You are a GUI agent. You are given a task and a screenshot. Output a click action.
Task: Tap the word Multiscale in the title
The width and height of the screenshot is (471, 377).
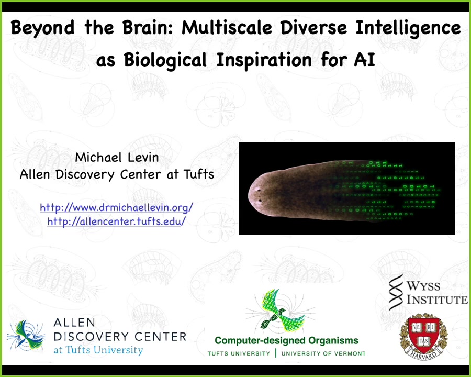pos(227,28)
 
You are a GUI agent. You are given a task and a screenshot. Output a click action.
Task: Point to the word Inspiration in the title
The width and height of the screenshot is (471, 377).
pos(264,60)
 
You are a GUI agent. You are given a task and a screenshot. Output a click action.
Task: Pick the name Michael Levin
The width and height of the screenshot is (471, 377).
pos(117,157)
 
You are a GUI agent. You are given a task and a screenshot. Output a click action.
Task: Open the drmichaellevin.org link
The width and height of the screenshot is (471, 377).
pos(117,207)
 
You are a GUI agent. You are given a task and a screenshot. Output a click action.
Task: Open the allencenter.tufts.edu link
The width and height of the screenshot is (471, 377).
pos(117,221)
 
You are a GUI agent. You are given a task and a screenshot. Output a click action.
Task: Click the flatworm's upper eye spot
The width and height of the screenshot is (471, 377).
pos(257,190)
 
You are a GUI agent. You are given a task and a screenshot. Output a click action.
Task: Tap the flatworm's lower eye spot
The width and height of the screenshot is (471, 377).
pos(260,201)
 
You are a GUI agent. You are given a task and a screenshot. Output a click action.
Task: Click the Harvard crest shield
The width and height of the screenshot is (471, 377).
pos(423,335)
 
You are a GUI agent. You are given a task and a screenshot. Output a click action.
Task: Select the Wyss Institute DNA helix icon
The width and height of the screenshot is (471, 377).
pos(396,292)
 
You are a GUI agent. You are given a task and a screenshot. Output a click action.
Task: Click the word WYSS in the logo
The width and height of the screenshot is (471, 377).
pos(423,285)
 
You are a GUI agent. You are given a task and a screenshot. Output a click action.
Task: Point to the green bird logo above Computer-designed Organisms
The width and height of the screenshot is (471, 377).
pos(280,311)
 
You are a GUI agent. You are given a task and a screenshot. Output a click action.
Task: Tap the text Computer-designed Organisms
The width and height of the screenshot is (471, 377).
pos(287,341)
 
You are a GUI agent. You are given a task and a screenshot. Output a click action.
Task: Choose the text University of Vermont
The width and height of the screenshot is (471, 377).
pos(323,354)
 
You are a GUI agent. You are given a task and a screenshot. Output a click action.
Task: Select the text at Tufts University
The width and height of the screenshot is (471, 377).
pos(98,350)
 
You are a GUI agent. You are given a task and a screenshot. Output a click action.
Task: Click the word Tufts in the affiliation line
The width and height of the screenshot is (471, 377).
pos(198,174)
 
